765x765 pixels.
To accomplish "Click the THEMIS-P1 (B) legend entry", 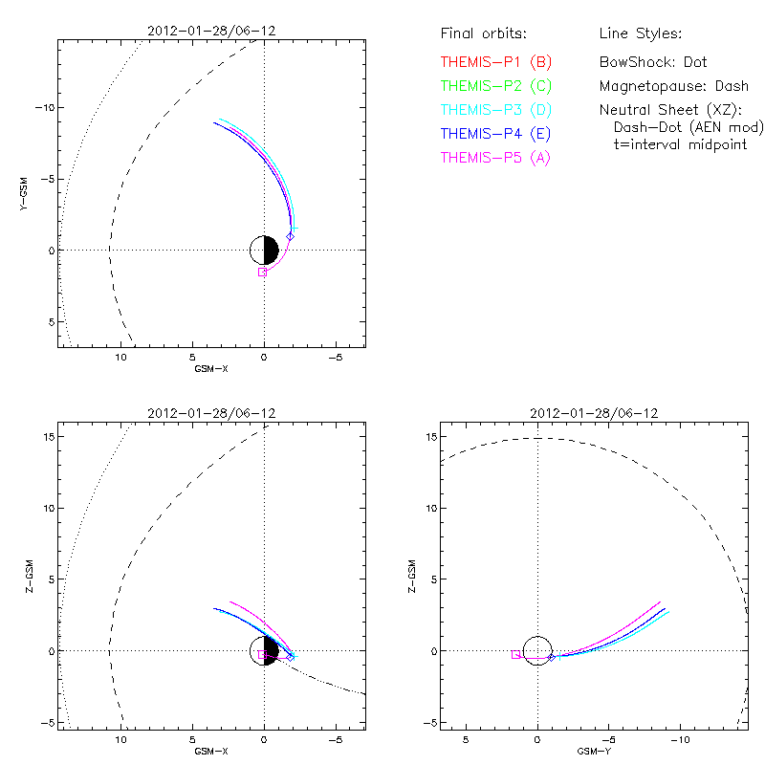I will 495,62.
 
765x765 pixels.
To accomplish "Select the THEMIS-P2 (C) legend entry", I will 495,86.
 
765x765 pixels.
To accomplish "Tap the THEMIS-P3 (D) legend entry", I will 495,110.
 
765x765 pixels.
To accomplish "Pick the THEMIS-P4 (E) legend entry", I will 495,133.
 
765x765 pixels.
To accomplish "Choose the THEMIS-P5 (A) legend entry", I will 495,157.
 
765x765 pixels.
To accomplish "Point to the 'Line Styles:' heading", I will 640,34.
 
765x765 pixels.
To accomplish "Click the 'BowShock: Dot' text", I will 653,62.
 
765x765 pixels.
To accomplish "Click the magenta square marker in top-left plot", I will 262,272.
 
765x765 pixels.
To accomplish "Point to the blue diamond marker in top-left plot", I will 290,235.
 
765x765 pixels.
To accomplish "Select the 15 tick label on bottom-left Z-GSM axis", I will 44,436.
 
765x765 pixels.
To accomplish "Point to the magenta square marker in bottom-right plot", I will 515,654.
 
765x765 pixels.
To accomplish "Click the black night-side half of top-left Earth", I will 271,251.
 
